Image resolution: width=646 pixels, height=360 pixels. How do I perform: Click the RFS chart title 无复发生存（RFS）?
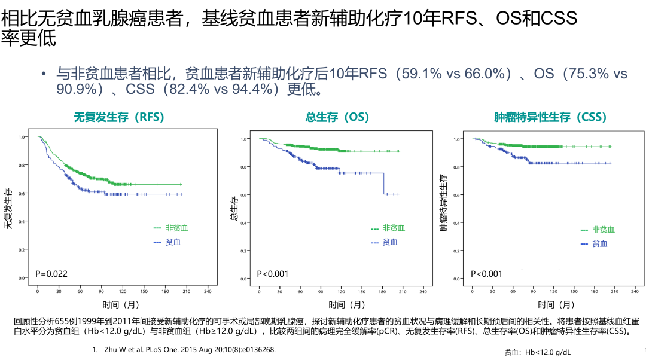coord(118,117)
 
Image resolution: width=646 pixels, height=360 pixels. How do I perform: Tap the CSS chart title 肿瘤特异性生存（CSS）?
coord(550,117)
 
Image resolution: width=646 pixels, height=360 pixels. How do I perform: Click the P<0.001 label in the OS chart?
coord(273,274)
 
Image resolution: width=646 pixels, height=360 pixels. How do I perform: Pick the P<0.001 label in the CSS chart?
coord(487,274)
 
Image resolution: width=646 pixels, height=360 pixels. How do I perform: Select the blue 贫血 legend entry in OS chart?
coord(384,242)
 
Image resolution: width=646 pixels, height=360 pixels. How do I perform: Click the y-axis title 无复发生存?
coord(8,208)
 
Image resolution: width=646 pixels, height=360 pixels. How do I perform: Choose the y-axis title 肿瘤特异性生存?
coord(444,203)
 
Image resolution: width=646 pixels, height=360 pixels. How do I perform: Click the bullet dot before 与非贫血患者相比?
coord(43,74)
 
